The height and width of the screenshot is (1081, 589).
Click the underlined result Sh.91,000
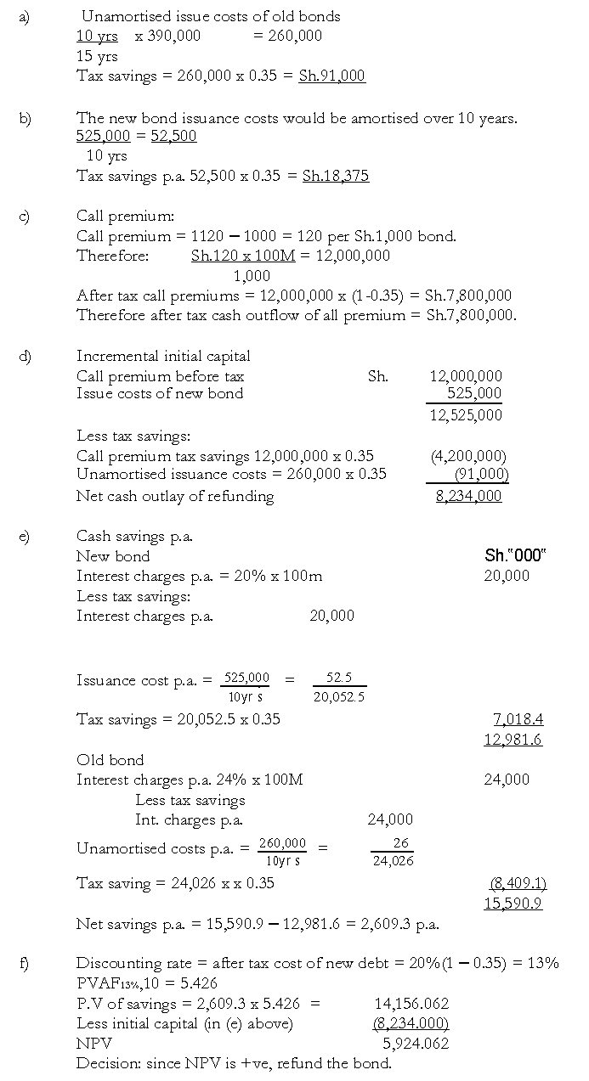(x=331, y=76)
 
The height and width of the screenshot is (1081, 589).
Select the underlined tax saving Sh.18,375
(x=336, y=176)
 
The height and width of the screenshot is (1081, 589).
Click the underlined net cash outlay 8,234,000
(x=468, y=496)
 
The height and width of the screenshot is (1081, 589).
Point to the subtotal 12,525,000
(x=466, y=414)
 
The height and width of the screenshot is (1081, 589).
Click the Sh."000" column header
(x=515, y=555)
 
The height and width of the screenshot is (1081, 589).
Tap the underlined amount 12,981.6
(x=513, y=739)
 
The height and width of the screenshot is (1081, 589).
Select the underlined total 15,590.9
(x=513, y=903)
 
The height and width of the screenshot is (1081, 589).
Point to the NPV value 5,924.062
(x=416, y=1043)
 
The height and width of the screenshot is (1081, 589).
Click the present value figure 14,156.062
(x=411, y=1004)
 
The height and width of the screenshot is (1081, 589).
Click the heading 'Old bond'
(x=110, y=760)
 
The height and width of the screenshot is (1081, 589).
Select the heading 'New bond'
(x=113, y=556)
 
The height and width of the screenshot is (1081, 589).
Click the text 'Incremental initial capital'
(x=163, y=356)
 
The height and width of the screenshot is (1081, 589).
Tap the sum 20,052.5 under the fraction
(x=338, y=697)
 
